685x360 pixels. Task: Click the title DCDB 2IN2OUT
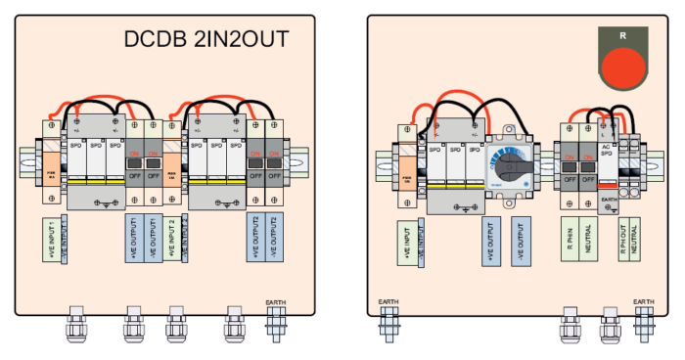tap(206, 39)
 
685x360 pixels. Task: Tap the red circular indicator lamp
tap(623, 67)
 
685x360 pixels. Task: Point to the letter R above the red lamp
tap(623, 36)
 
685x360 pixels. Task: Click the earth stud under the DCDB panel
tap(275, 322)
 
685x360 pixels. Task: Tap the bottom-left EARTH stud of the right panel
tap(388, 323)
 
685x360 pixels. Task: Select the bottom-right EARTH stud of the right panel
tap(644, 323)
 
